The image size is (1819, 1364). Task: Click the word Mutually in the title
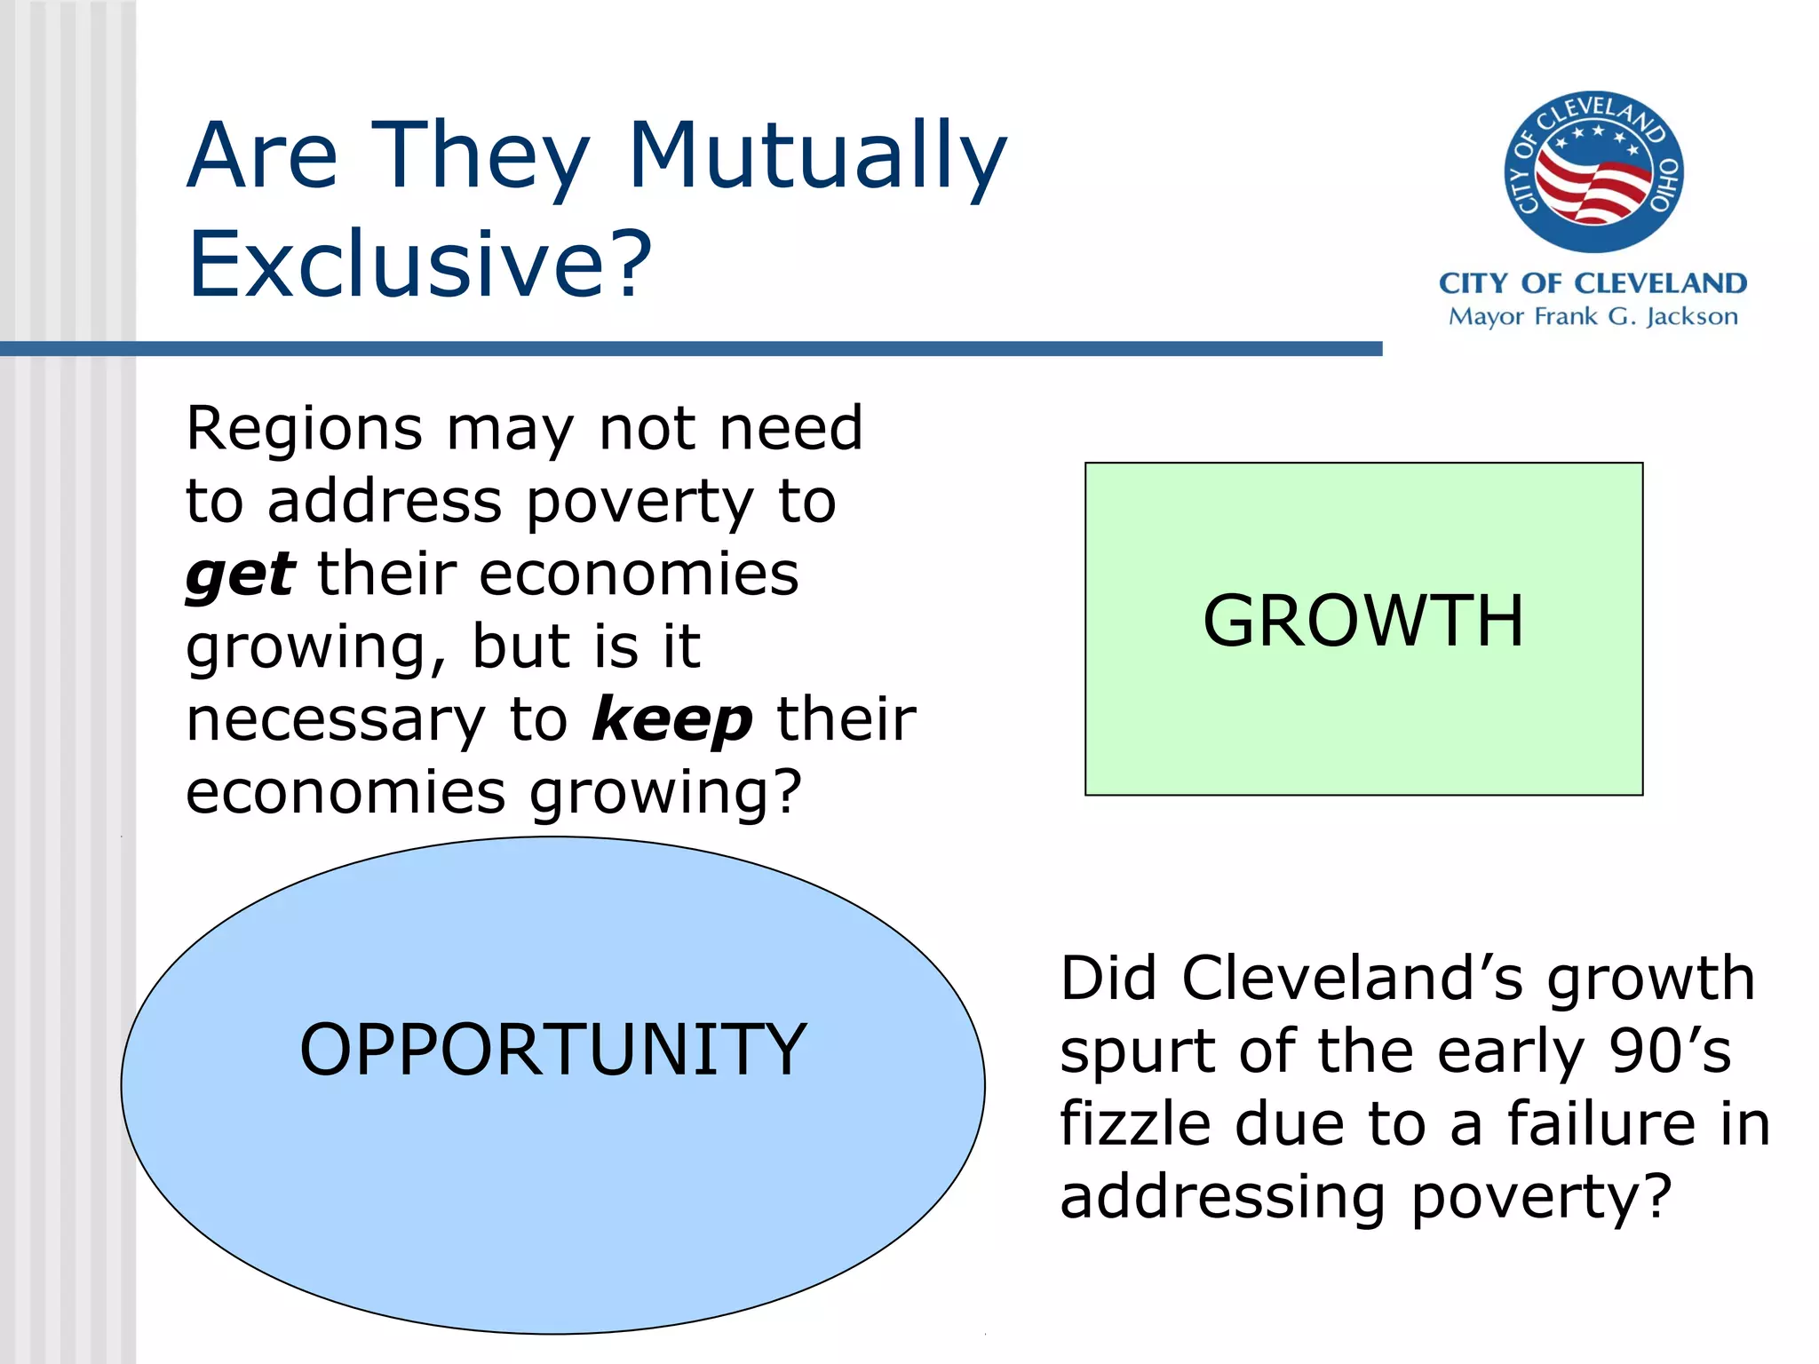(x=817, y=157)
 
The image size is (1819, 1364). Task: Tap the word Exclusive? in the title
(x=419, y=265)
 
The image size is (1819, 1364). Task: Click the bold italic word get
(x=240, y=576)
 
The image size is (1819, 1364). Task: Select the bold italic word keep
(x=672, y=720)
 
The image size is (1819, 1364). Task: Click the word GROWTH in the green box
(x=1363, y=622)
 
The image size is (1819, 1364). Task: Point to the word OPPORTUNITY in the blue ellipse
(x=552, y=1051)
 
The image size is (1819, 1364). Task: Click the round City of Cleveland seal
(x=1593, y=171)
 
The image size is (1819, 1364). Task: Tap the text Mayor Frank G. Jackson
(x=1593, y=317)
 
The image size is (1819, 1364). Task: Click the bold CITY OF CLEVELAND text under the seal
(x=1593, y=283)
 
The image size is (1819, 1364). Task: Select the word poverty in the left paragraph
(x=640, y=504)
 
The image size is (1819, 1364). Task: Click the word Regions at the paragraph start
(x=304, y=431)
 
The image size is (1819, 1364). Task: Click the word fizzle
(x=1135, y=1124)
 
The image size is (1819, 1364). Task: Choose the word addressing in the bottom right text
(x=1222, y=1198)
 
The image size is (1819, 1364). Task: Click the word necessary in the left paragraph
(x=336, y=720)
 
